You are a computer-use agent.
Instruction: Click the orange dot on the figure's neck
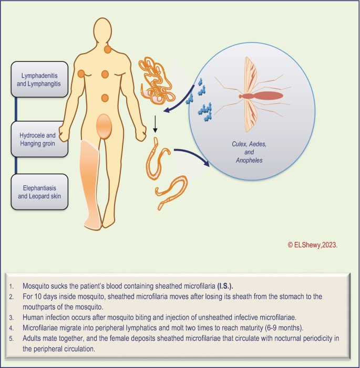pos(108,49)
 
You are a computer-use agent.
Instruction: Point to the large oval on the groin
pos(105,127)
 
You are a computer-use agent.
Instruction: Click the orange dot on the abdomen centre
pos(105,97)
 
